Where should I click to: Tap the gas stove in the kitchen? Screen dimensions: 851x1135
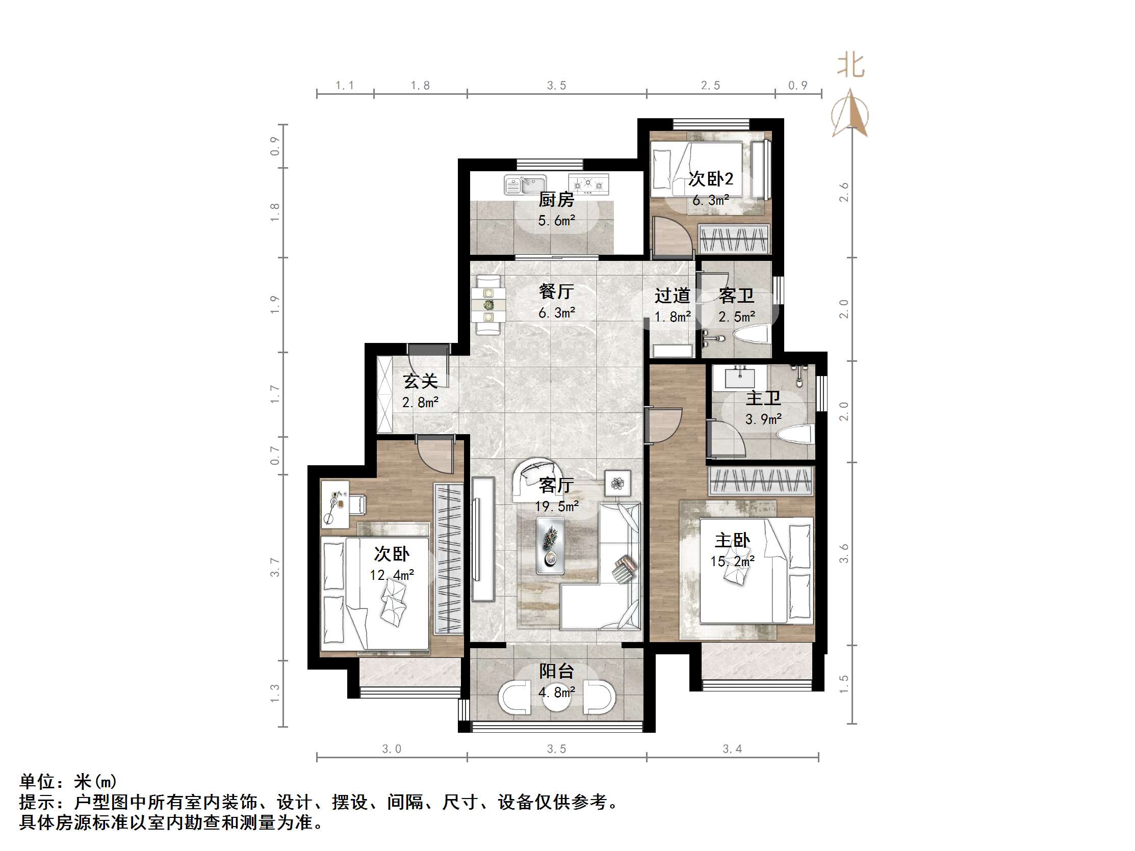point(588,183)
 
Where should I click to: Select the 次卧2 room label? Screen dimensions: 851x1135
point(711,179)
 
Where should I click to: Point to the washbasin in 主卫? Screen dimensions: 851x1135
point(739,378)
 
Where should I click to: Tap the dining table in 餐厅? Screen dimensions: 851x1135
point(488,306)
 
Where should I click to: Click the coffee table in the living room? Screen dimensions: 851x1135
point(550,545)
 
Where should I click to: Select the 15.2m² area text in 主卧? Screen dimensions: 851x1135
point(732,561)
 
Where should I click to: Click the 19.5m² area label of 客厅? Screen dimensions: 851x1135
point(557,507)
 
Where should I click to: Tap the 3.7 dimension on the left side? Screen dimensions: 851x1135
point(275,567)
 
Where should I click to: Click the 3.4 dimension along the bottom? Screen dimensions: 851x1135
point(732,749)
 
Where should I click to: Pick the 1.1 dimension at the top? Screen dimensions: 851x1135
point(345,85)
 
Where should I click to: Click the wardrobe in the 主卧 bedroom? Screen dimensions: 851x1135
point(761,481)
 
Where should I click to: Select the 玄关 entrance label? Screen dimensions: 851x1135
point(420,381)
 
